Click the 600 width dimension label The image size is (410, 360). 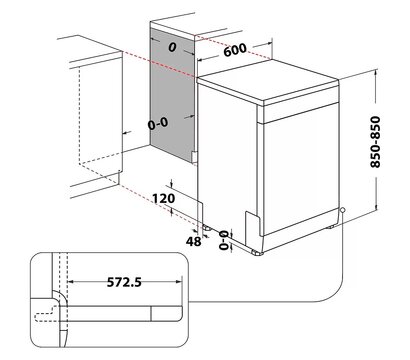click(x=235, y=50)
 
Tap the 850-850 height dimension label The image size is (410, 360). click(x=375, y=142)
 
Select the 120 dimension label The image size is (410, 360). click(x=164, y=198)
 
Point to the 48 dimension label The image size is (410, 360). click(x=194, y=241)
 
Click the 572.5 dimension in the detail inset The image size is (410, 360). click(x=124, y=282)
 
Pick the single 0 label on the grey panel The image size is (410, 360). click(x=172, y=47)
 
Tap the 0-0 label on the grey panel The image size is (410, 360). click(x=158, y=124)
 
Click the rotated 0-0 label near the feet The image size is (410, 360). click(x=225, y=240)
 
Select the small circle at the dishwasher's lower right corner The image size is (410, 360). click(x=343, y=210)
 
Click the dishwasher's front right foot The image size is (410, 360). click(x=258, y=253)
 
